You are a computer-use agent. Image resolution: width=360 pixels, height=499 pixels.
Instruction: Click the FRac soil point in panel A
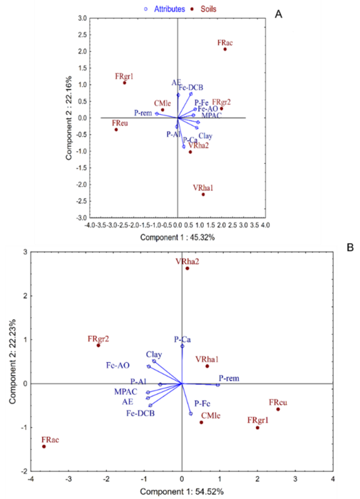[x=225, y=49]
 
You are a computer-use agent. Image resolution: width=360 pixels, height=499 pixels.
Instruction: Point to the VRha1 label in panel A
[x=202, y=187]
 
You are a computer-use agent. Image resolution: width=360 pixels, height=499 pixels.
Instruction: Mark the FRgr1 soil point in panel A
[x=125, y=83]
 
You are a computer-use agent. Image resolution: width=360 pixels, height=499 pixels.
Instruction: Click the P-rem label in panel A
[x=144, y=113]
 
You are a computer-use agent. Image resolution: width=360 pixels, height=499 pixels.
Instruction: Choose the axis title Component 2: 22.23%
[x=10, y=361]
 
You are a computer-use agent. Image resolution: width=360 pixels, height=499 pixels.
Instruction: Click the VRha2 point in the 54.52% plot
[x=187, y=269]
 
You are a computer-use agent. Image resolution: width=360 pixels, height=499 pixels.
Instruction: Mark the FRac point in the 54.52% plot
[x=44, y=447]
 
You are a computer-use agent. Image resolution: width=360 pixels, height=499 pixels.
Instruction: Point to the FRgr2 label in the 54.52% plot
[x=98, y=338]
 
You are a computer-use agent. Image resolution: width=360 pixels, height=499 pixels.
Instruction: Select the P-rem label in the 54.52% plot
[x=230, y=378]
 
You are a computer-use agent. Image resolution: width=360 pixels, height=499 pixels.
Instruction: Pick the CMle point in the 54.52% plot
[x=201, y=422]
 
